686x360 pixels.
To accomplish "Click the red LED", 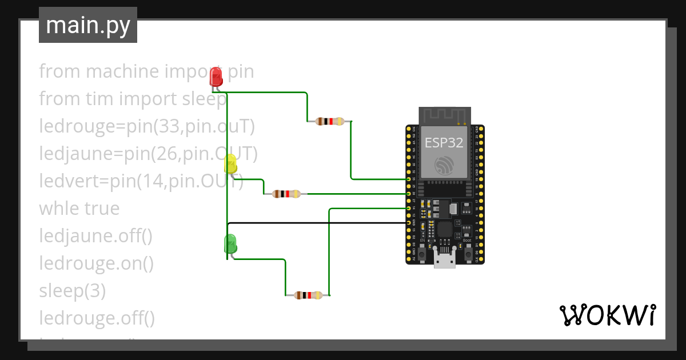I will tap(216, 77).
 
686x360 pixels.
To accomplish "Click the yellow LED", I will tap(230, 164).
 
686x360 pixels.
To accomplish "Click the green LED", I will tap(230, 243).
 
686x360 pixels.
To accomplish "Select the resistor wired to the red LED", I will tap(330, 121).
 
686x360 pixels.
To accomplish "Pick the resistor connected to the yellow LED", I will tap(286, 194).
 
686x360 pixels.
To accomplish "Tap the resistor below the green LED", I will tap(308, 295).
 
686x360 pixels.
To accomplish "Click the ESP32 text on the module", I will tap(444, 142).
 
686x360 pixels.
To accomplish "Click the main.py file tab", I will tap(88, 25).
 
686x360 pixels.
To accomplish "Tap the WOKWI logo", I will tap(607, 315).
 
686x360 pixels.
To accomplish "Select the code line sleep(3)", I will tap(72, 291).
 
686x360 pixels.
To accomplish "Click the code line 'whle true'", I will tap(79, 209).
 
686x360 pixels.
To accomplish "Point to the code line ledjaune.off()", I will tap(95, 235).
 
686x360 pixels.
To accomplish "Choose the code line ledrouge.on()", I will tap(97, 263).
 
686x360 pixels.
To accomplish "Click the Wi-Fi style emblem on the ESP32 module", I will tap(444, 165).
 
